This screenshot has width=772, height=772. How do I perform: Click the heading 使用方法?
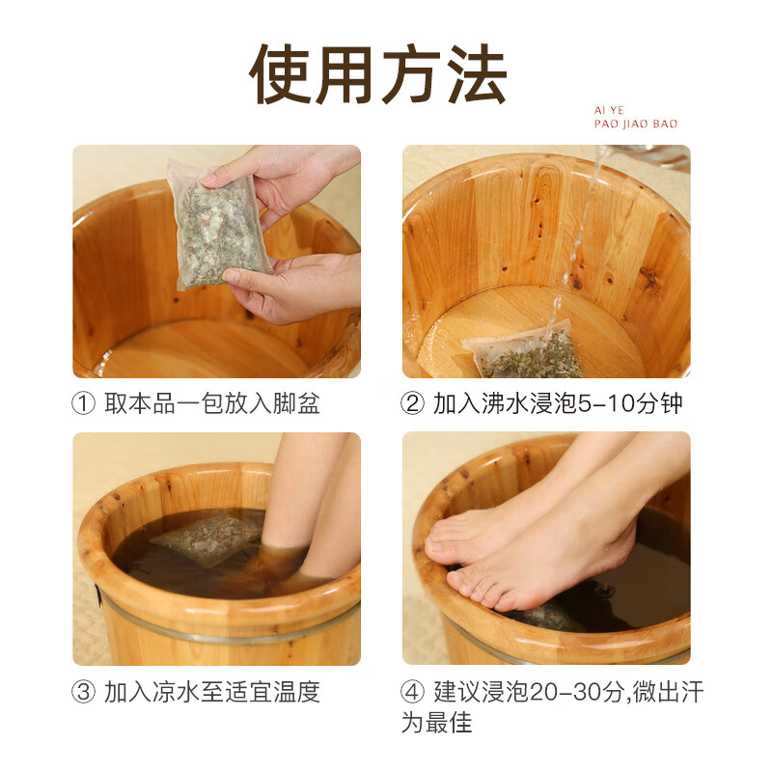pos(378,75)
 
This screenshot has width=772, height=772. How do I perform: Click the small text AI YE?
pos(610,111)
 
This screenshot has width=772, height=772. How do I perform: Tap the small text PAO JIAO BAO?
pos(636,124)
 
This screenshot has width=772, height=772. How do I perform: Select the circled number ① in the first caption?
pos(84,403)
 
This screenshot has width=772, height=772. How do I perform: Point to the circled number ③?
pos(84,692)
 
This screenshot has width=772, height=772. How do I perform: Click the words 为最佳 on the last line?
pos(437,723)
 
